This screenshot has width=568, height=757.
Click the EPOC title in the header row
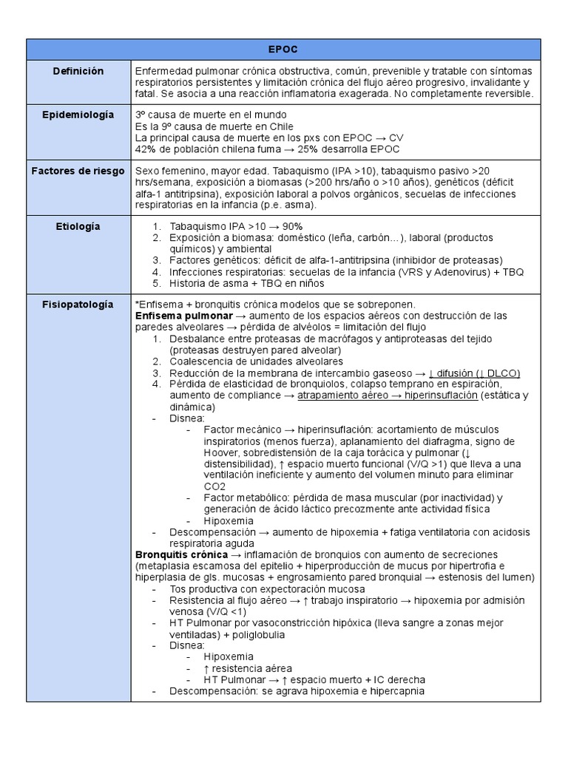point(283,49)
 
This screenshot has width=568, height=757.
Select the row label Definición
point(78,71)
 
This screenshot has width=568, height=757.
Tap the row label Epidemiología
point(78,115)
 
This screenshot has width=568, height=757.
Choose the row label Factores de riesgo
point(78,171)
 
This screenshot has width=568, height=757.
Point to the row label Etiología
point(78,226)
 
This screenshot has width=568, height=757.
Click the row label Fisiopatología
point(78,304)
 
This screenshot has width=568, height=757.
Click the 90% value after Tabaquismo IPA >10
point(290,226)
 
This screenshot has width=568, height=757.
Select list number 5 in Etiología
point(157,282)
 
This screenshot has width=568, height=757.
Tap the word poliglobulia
point(257,634)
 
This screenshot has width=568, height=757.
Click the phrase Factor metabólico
point(241,498)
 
